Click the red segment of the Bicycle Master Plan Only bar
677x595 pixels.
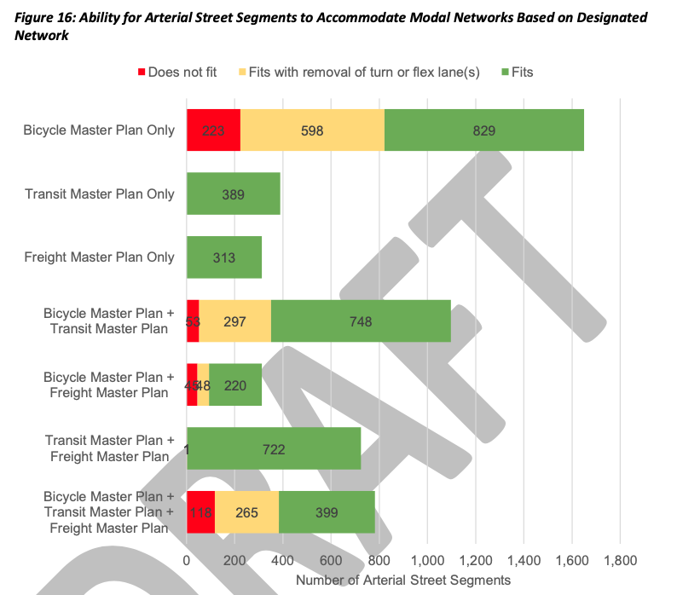[x=213, y=130]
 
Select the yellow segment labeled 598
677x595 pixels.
[x=312, y=130]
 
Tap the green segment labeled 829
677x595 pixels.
[x=483, y=130]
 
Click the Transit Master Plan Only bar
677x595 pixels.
[x=233, y=194]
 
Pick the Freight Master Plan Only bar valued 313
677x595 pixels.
[x=223, y=257]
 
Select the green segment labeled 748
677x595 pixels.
[x=361, y=321]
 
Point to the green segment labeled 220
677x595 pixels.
[x=234, y=385]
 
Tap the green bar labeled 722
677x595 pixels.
[x=274, y=448]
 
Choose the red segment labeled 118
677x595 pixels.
[x=200, y=512]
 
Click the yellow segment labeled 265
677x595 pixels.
[x=246, y=512]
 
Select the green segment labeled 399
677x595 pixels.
[x=327, y=512]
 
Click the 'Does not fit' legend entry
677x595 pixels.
[x=176, y=72]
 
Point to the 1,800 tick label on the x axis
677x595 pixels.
[x=619, y=561]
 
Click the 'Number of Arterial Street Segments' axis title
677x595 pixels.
[x=402, y=580]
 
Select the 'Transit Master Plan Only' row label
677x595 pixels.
[x=100, y=194]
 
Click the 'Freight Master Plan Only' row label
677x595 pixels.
[x=99, y=257]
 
